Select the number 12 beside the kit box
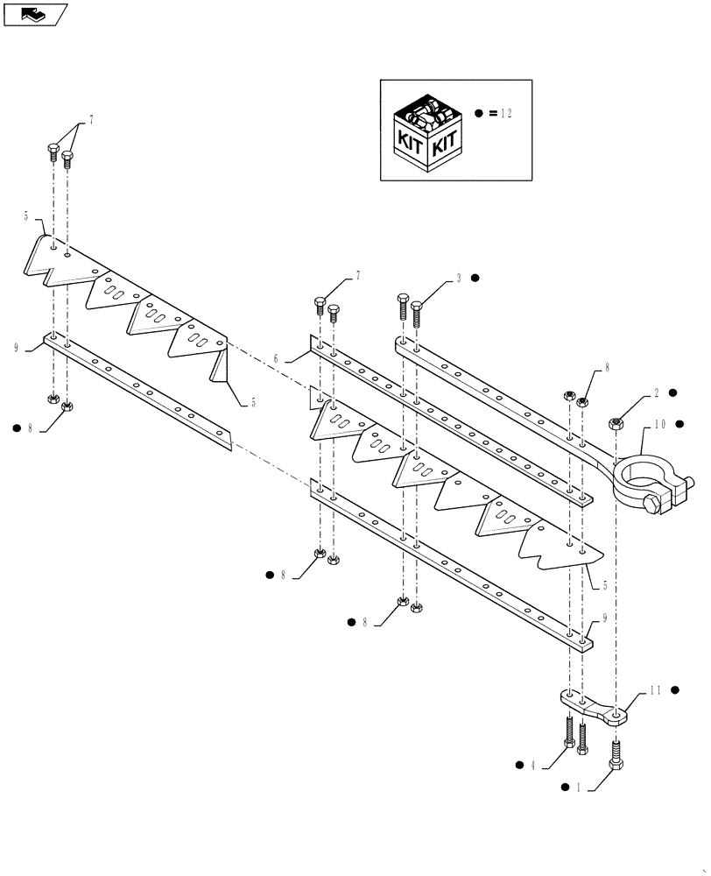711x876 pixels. click(508, 114)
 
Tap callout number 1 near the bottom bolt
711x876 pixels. click(578, 788)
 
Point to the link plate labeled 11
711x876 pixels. click(591, 706)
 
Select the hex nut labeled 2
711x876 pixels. click(616, 424)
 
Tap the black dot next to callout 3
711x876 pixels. click(475, 279)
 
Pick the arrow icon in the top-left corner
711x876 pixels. click(34, 13)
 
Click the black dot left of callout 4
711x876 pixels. click(520, 765)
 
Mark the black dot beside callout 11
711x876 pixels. click(676, 690)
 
